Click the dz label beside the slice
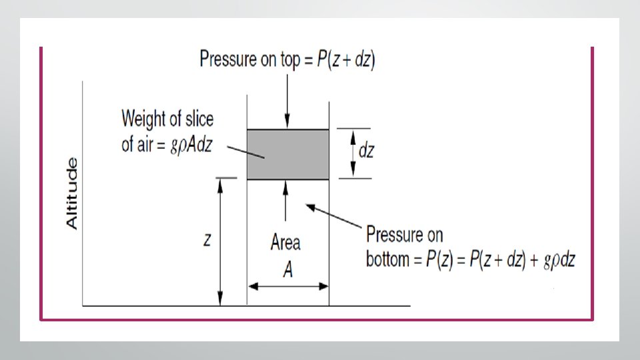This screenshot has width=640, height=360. pyautogui.click(x=366, y=151)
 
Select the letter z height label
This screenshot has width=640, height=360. pyautogui.click(x=207, y=241)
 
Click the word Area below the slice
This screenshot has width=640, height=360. pyautogui.click(x=285, y=242)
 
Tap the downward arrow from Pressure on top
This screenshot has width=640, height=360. pyautogui.click(x=287, y=100)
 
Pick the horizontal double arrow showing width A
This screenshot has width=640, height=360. pyautogui.click(x=288, y=287)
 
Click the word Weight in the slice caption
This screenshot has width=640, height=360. pyautogui.click(x=141, y=119)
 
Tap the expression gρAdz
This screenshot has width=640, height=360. pyautogui.click(x=189, y=145)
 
